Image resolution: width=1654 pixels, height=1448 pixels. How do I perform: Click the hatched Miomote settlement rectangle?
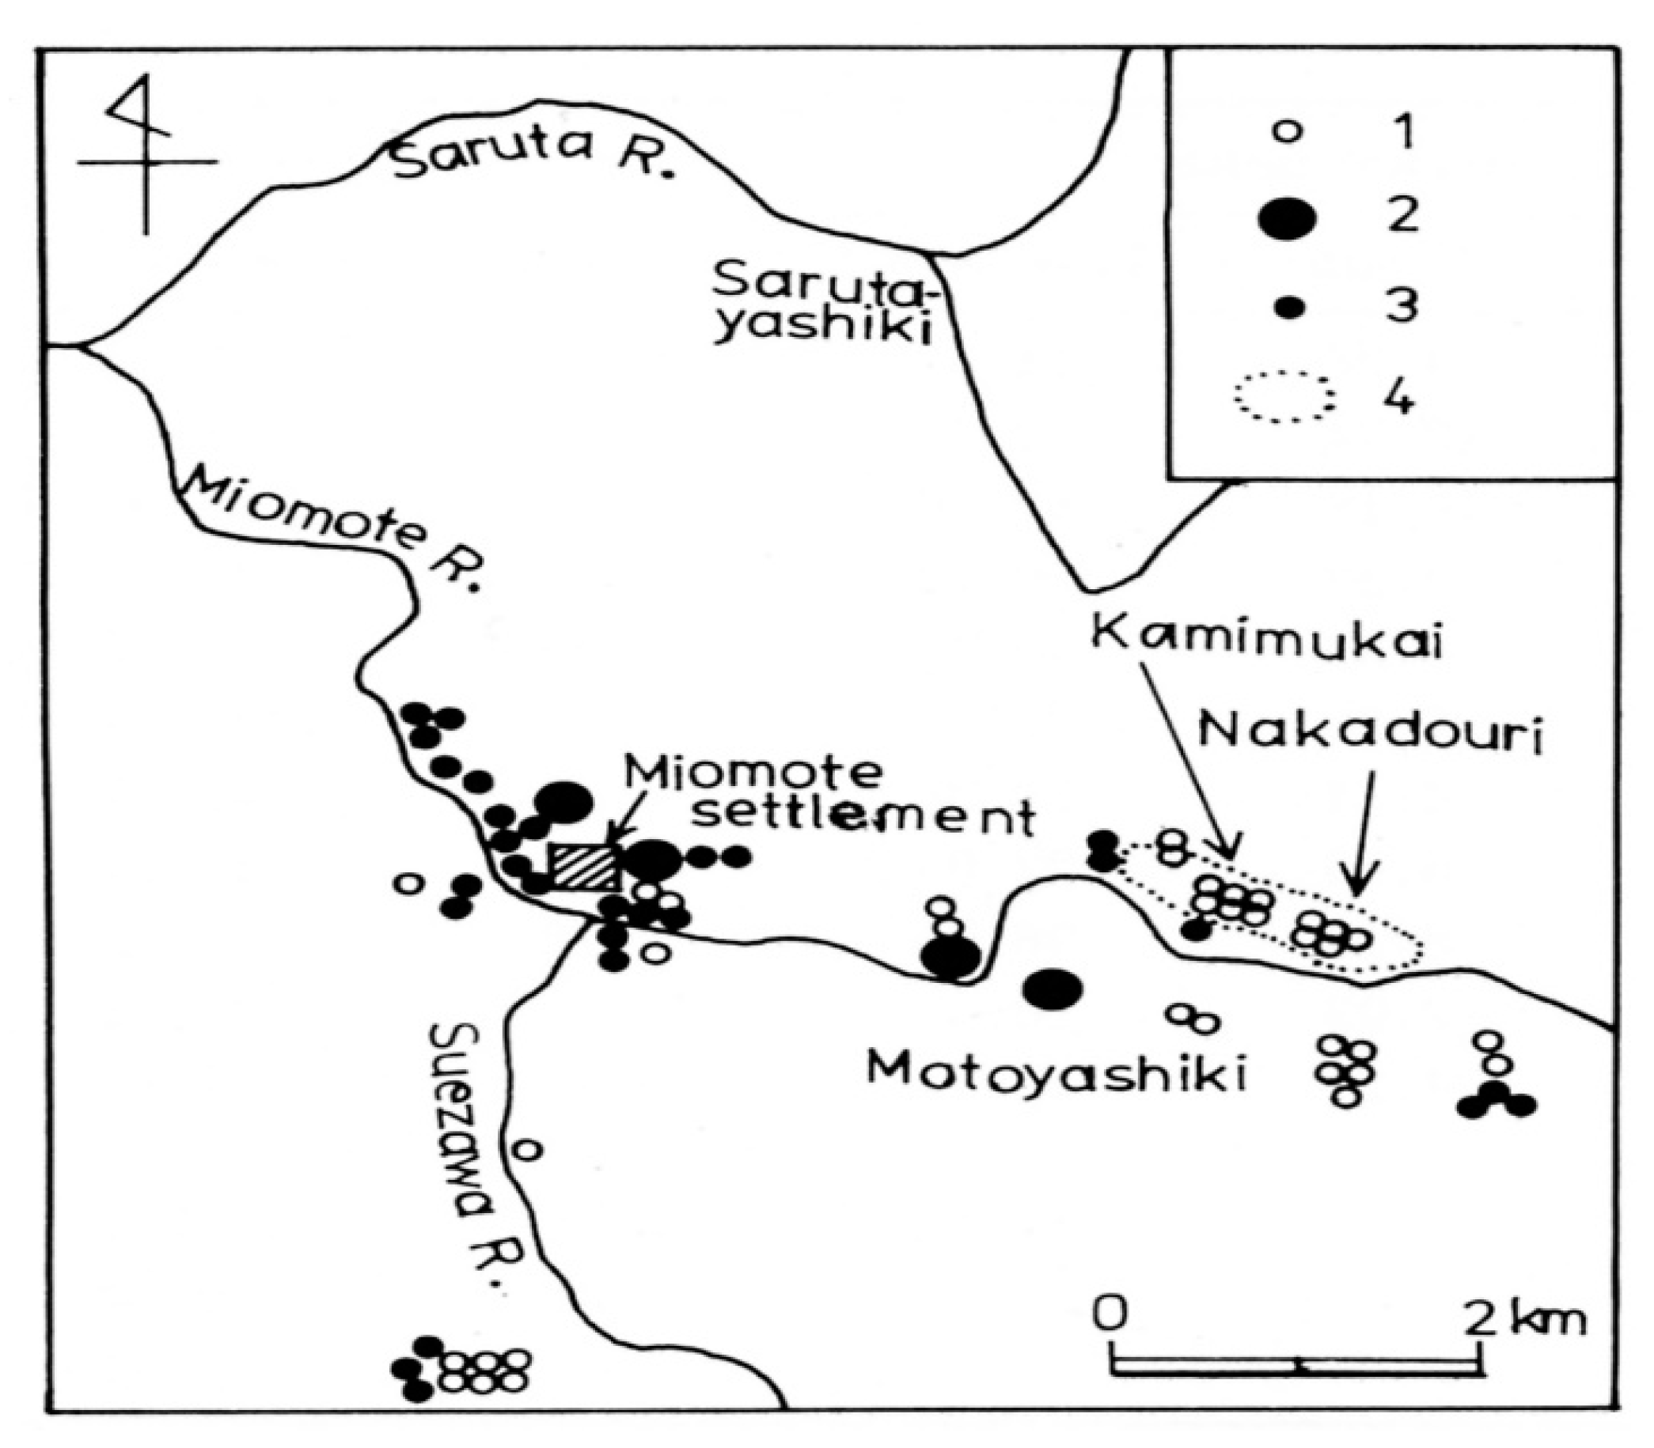pos(584,868)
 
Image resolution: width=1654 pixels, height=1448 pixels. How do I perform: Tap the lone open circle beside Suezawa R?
pos(526,1148)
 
